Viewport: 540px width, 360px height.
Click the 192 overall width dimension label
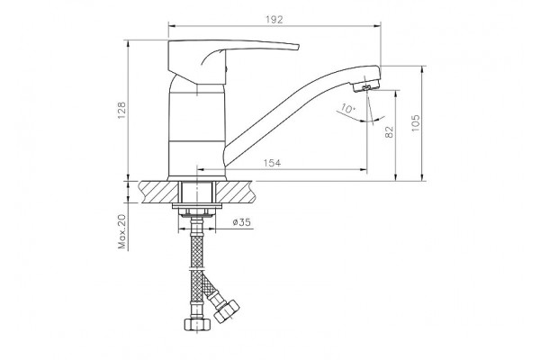pyautogui.click(x=274, y=20)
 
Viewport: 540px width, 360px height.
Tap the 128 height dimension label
pyautogui.click(x=122, y=111)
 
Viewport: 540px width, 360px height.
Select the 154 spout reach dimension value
pyautogui.click(x=272, y=163)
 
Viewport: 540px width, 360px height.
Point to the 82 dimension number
pyautogui.click(x=389, y=132)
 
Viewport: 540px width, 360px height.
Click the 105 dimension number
pyautogui.click(x=416, y=123)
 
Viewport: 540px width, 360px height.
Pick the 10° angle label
pyautogui.click(x=347, y=109)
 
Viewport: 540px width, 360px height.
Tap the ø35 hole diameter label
pyautogui.click(x=241, y=222)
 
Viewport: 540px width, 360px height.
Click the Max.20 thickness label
pyautogui.click(x=122, y=231)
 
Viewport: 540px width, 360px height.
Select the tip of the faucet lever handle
pyautogui.click(x=298, y=47)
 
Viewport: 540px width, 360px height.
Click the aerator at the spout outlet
pyautogui.click(x=366, y=86)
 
